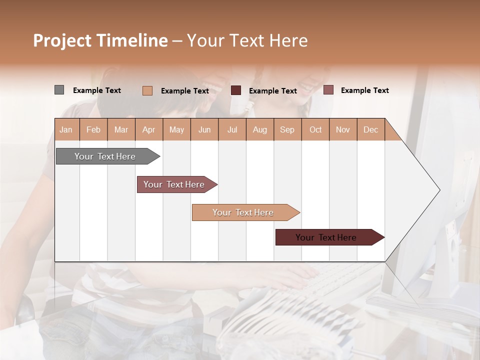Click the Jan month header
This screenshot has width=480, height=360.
66,129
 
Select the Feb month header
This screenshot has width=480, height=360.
93,129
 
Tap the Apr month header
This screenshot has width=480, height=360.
148,129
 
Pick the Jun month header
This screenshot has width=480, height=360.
204,129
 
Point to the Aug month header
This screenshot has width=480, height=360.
259,129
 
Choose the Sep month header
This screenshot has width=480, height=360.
287,129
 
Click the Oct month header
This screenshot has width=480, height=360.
315,129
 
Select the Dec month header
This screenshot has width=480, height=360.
370,129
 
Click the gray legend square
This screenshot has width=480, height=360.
59,90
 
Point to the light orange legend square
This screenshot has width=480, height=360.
147,90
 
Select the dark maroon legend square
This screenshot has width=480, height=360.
235,90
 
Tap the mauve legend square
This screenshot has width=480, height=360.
328,90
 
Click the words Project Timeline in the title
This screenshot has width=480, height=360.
100,40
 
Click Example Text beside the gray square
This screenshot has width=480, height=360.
97,90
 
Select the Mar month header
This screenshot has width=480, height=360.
121,129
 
